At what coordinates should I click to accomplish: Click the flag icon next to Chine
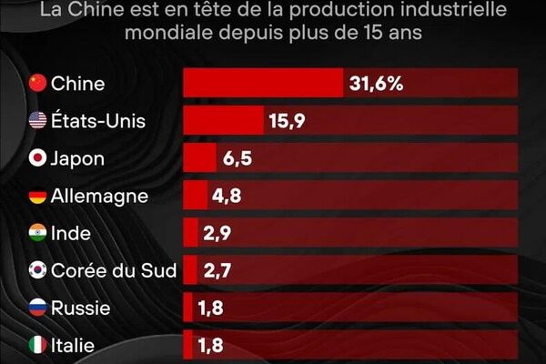point(37,84)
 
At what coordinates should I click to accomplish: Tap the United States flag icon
point(37,121)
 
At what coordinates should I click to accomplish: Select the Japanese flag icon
point(37,158)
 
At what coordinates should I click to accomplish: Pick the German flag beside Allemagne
point(37,196)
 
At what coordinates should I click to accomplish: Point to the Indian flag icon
point(37,233)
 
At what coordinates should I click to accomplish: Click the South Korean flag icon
point(37,270)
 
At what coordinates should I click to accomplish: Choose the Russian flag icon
point(37,308)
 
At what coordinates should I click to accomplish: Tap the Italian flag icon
point(37,345)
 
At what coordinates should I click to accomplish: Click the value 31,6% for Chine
point(376,84)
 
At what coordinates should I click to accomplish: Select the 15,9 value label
point(286,121)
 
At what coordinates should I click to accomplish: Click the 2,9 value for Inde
point(217,233)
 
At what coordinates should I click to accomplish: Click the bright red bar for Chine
point(262,84)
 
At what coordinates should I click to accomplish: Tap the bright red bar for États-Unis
point(223,121)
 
